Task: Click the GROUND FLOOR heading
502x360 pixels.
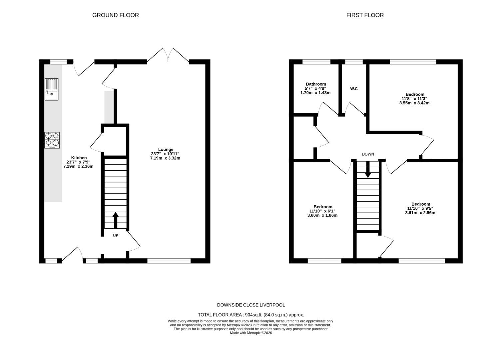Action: pyautogui.click(x=115, y=15)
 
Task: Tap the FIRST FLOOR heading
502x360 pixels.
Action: pyautogui.click(x=365, y=15)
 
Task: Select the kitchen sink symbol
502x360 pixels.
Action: pyautogui.click(x=52, y=89)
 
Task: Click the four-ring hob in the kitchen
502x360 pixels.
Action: pyautogui.click(x=52, y=140)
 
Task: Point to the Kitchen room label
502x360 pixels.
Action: pyautogui.click(x=79, y=158)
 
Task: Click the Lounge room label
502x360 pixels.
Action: pyautogui.click(x=166, y=149)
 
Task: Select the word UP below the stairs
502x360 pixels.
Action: pyautogui.click(x=115, y=236)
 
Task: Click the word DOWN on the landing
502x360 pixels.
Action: pyautogui.click(x=368, y=154)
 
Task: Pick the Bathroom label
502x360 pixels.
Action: pyautogui.click(x=316, y=84)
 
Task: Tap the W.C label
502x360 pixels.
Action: pyautogui.click(x=354, y=89)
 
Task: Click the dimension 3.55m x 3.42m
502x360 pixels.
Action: pyautogui.click(x=414, y=103)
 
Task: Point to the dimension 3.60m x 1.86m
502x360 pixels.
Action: pyautogui.click(x=322, y=215)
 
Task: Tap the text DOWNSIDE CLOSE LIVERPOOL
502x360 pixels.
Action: pyautogui.click(x=251, y=305)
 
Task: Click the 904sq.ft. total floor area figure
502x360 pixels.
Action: pyautogui.click(x=253, y=315)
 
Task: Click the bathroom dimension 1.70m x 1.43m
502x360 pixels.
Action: pyautogui.click(x=315, y=93)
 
